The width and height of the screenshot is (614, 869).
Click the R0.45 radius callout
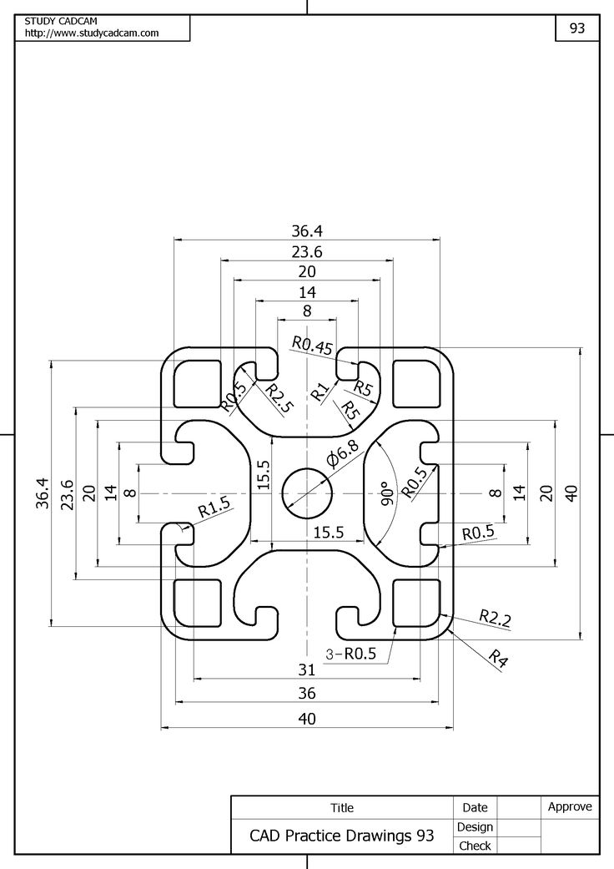tap(310, 344)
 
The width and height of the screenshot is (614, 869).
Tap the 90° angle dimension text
tap(385, 494)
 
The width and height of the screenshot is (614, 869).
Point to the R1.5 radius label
tap(214, 508)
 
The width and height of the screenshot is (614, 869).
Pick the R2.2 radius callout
tap(495, 617)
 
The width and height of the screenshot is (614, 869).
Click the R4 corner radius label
tap(497, 659)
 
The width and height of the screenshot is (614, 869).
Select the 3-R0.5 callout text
tap(351, 654)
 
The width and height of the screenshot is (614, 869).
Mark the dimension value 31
tap(306, 669)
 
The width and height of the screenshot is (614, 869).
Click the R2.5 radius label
tap(279, 399)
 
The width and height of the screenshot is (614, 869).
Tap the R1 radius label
tap(320, 389)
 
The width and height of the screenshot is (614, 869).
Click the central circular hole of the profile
tap(306, 490)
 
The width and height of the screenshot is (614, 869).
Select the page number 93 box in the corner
tap(577, 28)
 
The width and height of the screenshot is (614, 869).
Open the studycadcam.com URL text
tap(92, 33)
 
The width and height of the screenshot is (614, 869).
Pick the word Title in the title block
tap(342, 807)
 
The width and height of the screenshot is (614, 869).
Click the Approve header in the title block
tap(570, 806)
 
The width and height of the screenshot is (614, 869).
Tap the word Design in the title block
tap(475, 826)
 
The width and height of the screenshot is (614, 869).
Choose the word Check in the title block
tap(475, 846)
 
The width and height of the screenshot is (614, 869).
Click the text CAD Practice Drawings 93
tap(342, 836)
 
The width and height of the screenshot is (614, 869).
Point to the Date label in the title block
tap(475, 807)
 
